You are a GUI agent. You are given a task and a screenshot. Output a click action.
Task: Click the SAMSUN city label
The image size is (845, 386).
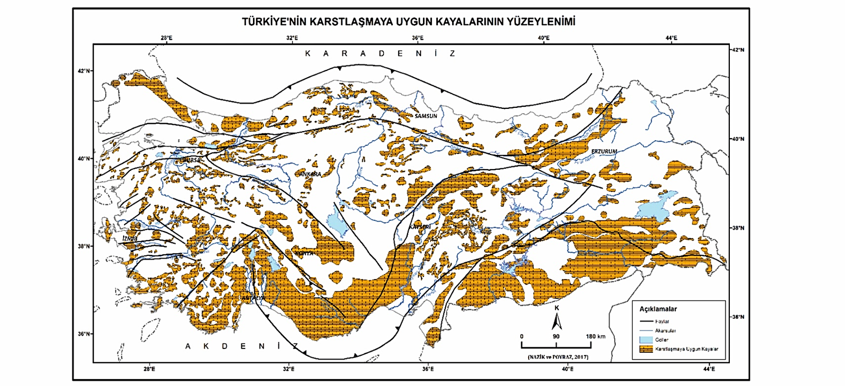(426, 116)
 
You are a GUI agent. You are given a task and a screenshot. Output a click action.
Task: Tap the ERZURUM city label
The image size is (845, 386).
(604, 151)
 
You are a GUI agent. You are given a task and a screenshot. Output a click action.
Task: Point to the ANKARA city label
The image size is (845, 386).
(310, 174)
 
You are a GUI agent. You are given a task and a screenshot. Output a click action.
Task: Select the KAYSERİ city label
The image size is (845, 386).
(420, 226)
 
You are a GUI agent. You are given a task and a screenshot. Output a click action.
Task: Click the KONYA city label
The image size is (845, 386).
(304, 253)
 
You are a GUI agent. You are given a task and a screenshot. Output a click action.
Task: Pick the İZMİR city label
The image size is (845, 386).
(130, 238)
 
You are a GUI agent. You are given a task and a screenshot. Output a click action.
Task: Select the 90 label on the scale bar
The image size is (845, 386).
(556, 336)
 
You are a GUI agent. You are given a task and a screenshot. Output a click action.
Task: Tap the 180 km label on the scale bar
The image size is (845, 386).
(595, 336)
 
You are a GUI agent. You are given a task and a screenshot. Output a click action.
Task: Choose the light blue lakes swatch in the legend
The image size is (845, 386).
(645, 339)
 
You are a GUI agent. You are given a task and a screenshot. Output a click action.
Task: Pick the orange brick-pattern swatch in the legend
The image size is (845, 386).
(645, 349)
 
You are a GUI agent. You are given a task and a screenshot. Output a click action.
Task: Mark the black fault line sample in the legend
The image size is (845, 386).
(645, 321)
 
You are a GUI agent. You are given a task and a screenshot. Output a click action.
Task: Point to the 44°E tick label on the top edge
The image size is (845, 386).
(671, 38)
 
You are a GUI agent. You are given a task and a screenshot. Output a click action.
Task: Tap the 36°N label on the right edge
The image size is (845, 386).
(738, 317)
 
